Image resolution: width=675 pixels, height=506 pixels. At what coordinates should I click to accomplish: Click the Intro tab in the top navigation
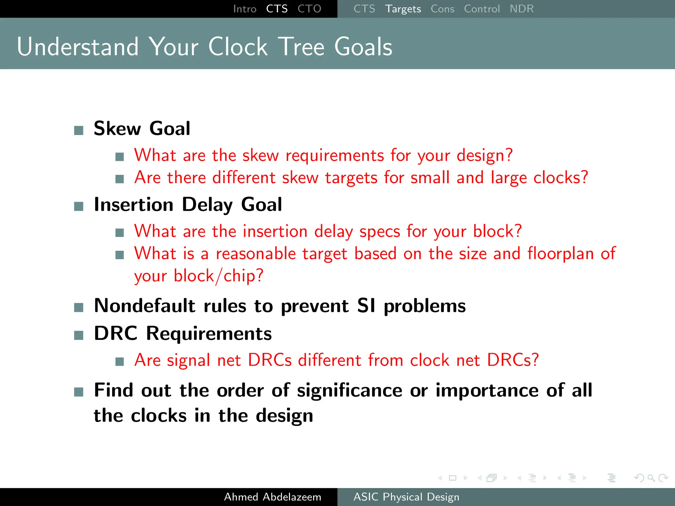(x=245, y=9)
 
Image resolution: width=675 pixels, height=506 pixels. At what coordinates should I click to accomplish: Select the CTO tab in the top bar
(x=309, y=9)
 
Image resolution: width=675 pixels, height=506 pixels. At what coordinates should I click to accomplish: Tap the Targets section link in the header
(x=403, y=9)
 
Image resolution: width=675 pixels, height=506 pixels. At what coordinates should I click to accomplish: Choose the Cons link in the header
(x=442, y=9)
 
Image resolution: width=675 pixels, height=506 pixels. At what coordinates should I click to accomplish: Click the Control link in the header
(x=482, y=9)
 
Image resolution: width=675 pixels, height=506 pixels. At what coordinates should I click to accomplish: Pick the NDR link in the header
(x=521, y=9)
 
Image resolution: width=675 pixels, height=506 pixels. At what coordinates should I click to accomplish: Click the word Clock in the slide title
(x=238, y=47)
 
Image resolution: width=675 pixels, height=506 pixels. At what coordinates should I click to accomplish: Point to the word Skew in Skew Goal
(x=117, y=128)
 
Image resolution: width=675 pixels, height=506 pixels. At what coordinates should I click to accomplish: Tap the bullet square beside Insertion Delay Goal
(x=79, y=207)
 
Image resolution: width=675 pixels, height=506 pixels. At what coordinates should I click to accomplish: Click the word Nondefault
(x=145, y=306)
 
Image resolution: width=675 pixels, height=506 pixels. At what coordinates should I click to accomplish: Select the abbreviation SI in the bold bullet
(x=366, y=306)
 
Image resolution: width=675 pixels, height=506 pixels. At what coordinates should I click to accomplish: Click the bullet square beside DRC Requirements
(x=79, y=335)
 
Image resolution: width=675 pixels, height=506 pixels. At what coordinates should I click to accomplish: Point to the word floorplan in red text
(x=561, y=254)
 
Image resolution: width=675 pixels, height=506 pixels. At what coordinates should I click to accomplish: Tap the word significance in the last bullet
(x=349, y=391)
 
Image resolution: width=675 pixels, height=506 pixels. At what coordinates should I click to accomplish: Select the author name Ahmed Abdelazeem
(x=273, y=497)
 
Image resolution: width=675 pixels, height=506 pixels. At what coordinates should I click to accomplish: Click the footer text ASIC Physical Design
(x=406, y=497)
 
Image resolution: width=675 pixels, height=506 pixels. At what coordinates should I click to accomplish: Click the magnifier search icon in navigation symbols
(x=651, y=478)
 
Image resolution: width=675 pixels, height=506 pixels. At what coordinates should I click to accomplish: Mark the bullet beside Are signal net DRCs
(x=120, y=362)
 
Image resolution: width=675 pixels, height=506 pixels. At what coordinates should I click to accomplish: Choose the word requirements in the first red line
(x=335, y=155)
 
